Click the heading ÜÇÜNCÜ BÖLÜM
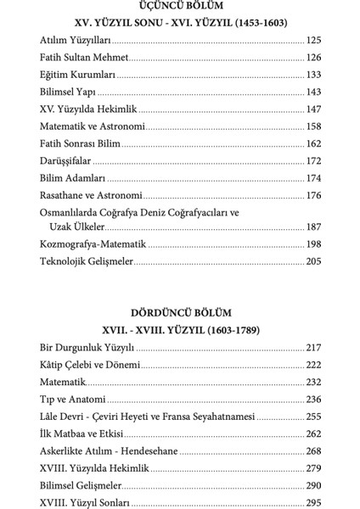coord(180,6)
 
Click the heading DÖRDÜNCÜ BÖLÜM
coord(180,313)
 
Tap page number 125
coord(312,40)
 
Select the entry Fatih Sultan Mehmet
coord(84,57)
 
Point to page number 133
coord(312,75)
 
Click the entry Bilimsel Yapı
coord(67,92)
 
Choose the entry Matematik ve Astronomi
coord(93,126)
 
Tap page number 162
coord(312,143)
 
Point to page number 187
coord(312,227)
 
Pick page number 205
coord(312,261)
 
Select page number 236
coord(312,400)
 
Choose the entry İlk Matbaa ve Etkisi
coord(81,434)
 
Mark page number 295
coord(312,503)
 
